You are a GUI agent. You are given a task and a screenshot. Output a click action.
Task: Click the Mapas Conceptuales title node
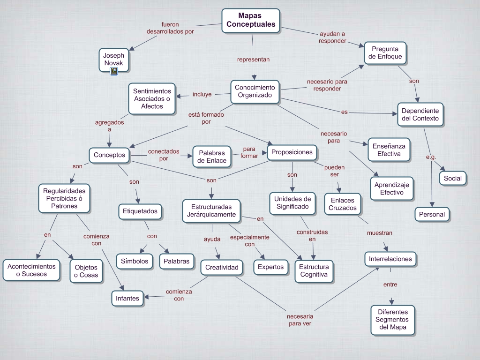pyautogui.click(x=250, y=20)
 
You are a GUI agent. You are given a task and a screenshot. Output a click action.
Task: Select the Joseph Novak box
pyautogui.click(x=113, y=59)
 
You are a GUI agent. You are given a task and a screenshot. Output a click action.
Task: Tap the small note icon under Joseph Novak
pyautogui.click(x=114, y=71)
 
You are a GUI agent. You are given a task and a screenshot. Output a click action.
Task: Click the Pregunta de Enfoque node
pyautogui.click(x=385, y=53)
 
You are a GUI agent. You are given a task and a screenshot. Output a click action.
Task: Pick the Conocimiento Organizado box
pyautogui.click(x=255, y=91)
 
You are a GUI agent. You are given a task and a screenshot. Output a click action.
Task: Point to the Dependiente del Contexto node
pyautogui.click(x=420, y=115)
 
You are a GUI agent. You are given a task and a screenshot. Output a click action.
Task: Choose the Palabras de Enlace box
pyautogui.click(x=212, y=157)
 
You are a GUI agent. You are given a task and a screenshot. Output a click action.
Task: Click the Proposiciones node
pyautogui.click(x=292, y=152)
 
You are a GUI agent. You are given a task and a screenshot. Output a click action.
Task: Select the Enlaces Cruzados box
pyautogui.click(x=342, y=204)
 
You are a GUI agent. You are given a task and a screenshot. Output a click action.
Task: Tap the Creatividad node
pyautogui.click(x=222, y=268)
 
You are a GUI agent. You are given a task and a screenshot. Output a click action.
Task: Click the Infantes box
pyautogui.click(x=127, y=298)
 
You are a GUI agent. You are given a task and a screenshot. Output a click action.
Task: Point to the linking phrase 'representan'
pyautogui.click(x=253, y=60)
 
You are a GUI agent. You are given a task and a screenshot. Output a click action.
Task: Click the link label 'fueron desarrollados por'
pyautogui.click(x=170, y=28)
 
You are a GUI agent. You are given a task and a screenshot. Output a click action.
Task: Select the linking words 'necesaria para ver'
pyautogui.click(x=300, y=320)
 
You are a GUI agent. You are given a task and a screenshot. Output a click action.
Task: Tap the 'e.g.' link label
pyautogui.click(x=431, y=157)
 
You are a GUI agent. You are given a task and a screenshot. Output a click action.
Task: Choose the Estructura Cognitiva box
pyautogui.click(x=314, y=271)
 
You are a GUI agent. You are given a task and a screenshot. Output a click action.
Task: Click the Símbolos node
pyautogui.click(x=135, y=262)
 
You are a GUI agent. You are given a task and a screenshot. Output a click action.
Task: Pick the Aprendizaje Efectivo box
pyautogui.click(x=391, y=188)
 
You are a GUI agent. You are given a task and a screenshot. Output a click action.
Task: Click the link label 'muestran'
pyautogui.click(x=379, y=232)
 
